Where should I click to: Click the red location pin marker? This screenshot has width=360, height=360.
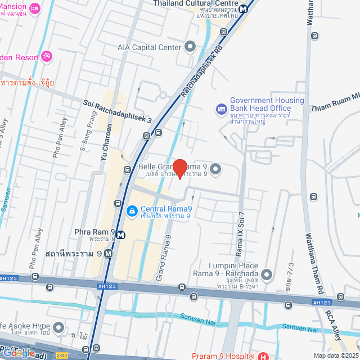(179, 168)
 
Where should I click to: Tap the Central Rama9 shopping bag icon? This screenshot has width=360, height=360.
(131, 210)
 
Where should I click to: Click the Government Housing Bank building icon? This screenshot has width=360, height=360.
(221, 107)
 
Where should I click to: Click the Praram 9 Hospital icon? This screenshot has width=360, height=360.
(263, 356)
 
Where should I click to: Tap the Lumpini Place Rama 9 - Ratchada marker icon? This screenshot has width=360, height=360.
(267, 275)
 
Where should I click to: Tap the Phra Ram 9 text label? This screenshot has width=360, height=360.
(94, 232)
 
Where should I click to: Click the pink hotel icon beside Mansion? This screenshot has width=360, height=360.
(35, 8)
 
